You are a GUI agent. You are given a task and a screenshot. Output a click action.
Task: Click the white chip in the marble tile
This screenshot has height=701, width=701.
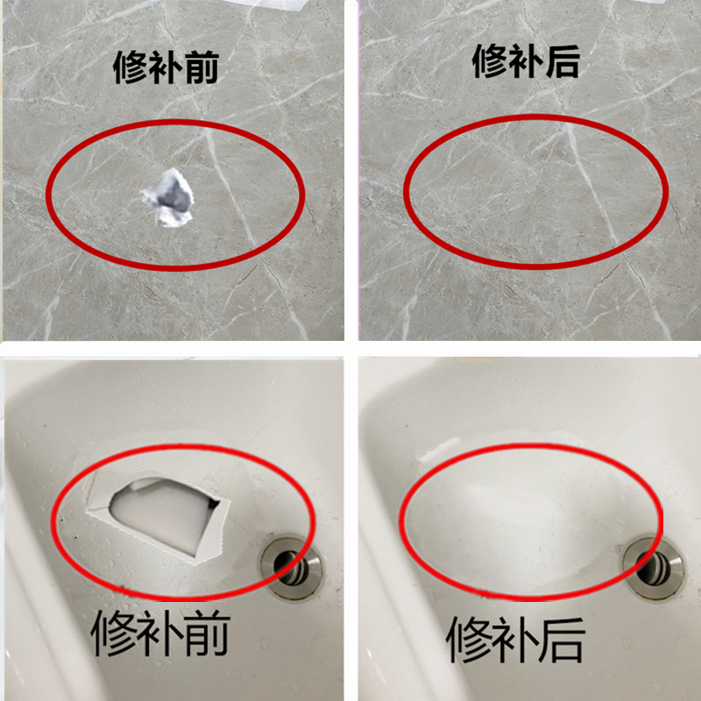(169, 198)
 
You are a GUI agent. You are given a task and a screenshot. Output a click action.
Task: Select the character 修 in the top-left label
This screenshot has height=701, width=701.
(131, 67)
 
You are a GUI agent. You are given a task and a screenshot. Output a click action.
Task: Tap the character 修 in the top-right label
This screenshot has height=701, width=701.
(491, 61)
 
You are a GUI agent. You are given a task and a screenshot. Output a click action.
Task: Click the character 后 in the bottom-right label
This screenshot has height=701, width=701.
(562, 637)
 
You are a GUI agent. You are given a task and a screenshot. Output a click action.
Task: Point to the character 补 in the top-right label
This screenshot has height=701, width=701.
(526, 61)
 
